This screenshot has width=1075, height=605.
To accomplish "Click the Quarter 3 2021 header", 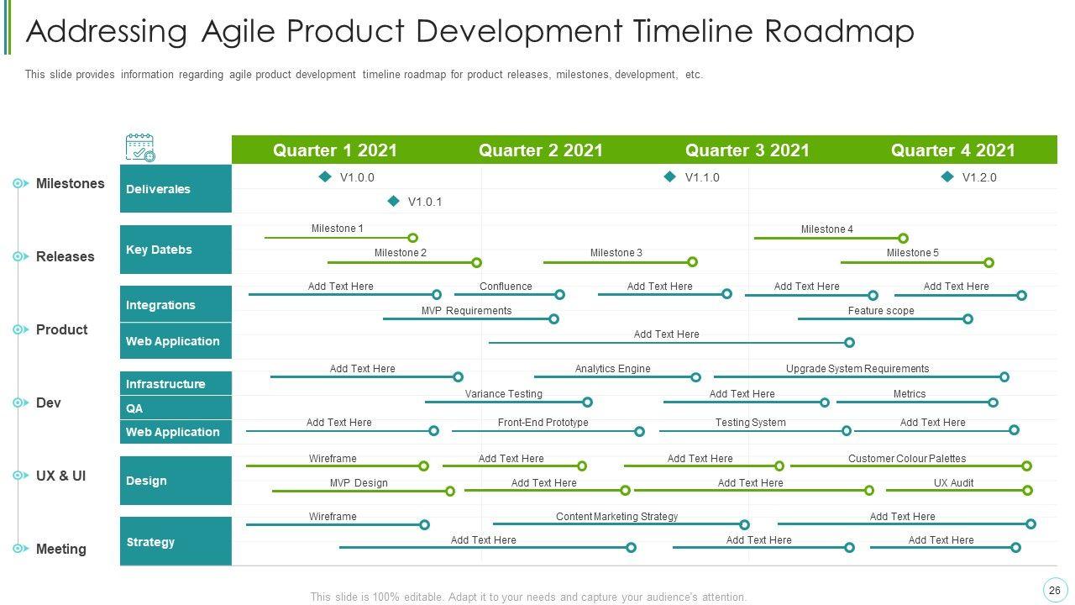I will (x=747, y=150).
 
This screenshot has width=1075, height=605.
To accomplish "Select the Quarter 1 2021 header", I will (x=334, y=150).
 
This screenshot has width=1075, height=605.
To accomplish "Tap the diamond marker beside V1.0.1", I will (x=393, y=201).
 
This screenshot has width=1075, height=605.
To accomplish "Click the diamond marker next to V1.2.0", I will (x=947, y=176).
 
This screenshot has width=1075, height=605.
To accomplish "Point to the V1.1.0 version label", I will (x=702, y=177).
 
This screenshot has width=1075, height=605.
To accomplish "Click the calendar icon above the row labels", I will (x=139, y=147).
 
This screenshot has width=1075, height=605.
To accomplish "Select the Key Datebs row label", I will (x=159, y=250).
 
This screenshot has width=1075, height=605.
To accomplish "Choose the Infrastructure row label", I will (x=165, y=384).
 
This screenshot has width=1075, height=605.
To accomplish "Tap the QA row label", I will (x=134, y=408).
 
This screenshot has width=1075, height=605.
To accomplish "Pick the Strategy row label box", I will (x=175, y=542).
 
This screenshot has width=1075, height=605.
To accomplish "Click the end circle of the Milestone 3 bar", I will (x=693, y=262).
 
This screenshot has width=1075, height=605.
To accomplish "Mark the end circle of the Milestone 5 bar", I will (x=989, y=262).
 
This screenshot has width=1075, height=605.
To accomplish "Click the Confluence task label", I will (x=506, y=287).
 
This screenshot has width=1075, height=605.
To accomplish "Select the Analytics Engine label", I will (x=612, y=369).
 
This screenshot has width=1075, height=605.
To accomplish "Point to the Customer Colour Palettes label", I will (x=907, y=459).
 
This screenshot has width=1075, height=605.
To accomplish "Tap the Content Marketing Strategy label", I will (x=616, y=517).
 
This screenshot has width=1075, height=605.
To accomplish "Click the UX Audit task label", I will (x=953, y=483).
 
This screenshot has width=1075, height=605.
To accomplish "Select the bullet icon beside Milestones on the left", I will (x=21, y=183).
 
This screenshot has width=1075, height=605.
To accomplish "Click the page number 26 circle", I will (x=1054, y=590).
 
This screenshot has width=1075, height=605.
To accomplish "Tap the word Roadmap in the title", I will (x=841, y=32).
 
